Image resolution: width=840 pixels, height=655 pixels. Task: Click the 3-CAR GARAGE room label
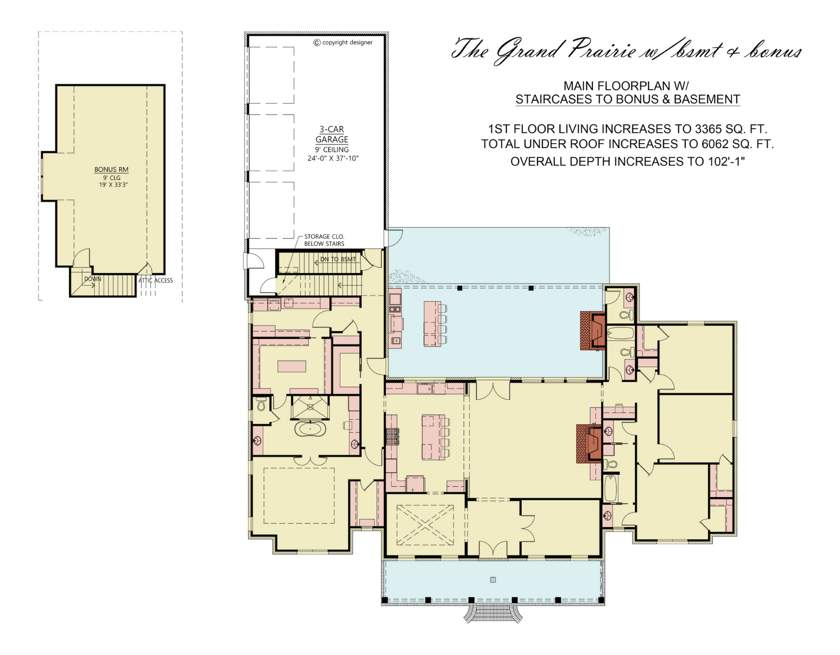(x=332, y=134)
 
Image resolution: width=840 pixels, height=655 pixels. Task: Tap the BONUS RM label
(x=111, y=169)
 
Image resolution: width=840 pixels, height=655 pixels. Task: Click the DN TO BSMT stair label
(x=338, y=259)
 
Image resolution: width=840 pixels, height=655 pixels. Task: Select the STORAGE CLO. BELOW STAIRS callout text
(x=324, y=240)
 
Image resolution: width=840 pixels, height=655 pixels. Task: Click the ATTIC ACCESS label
(x=155, y=280)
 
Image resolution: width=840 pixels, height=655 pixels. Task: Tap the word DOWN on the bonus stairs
(x=93, y=279)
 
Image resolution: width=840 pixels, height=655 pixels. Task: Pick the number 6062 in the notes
(x=715, y=144)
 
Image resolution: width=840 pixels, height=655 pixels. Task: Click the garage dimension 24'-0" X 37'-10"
(x=333, y=158)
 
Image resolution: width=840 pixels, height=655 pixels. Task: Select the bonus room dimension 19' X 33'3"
(x=113, y=184)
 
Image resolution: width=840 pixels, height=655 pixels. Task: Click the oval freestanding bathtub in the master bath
(x=310, y=429)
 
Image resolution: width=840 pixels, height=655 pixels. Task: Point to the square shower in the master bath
(x=310, y=407)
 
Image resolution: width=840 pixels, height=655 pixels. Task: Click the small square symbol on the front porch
(x=493, y=580)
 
